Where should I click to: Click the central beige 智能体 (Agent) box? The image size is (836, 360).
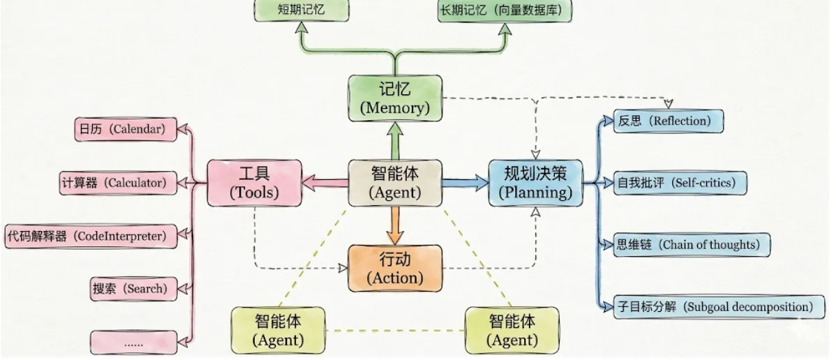(395, 183)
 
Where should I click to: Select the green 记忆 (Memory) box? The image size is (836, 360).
(395, 98)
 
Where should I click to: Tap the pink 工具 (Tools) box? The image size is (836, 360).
(254, 183)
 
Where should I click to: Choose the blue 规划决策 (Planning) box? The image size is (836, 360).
(536, 183)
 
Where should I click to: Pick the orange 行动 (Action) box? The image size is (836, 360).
(395, 269)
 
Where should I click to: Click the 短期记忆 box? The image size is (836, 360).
(301, 10)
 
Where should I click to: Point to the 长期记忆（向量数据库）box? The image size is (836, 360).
(505, 10)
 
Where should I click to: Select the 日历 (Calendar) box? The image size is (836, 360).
(126, 129)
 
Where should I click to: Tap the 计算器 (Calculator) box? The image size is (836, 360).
(119, 183)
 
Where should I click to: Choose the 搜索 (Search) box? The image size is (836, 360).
(133, 289)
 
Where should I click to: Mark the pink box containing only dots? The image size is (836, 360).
(133, 343)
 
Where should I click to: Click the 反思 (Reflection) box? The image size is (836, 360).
(669, 121)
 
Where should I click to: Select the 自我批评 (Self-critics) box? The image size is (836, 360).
(680, 183)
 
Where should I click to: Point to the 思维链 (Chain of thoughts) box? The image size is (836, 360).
(692, 245)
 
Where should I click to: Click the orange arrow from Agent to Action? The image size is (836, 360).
(395, 226)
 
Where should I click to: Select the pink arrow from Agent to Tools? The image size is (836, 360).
(325, 183)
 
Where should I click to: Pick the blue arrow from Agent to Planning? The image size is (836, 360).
(465, 183)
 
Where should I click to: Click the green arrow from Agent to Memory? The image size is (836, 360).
(395, 140)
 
